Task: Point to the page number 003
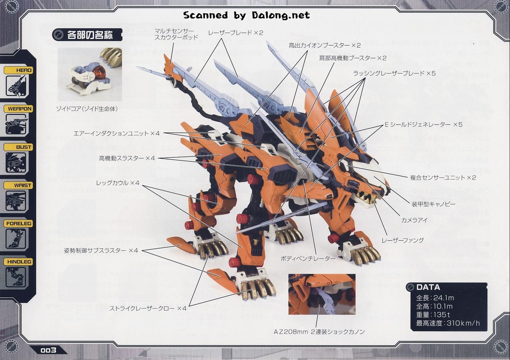click(x=48, y=350)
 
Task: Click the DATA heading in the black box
click(x=428, y=287)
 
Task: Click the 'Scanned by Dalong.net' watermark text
click(x=246, y=15)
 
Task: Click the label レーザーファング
click(x=403, y=240)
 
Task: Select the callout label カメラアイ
click(x=414, y=220)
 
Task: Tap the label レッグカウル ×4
click(x=118, y=183)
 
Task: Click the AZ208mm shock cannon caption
click(x=319, y=332)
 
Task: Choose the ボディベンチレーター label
click(x=308, y=259)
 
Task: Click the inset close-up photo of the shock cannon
click(x=322, y=294)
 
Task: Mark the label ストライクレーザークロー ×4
click(x=148, y=308)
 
